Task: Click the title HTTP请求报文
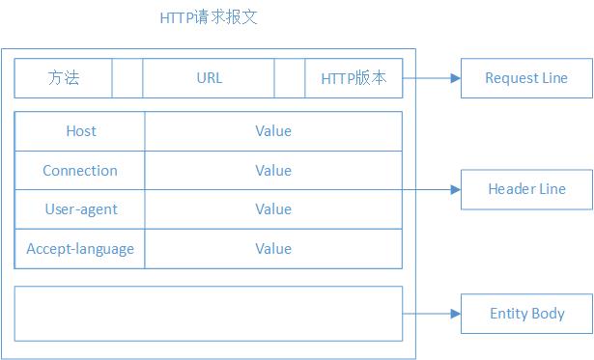pyautogui.click(x=208, y=18)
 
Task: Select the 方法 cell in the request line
pyautogui.click(x=64, y=78)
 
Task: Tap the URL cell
pyautogui.click(x=209, y=78)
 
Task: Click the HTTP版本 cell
pyautogui.click(x=354, y=78)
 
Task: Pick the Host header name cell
pyautogui.click(x=80, y=131)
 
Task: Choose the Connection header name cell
pyautogui.click(x=80, y=171)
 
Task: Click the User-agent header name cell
pyautogui.click(x=80, y=209)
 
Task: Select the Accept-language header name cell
pyautogui.click(x=80, y=249)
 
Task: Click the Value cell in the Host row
pyautogui.click(x=273, y=131)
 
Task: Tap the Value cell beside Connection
pyautogui.click(x=273, y=171)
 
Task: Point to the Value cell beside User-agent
pyautogui.click(x=273, y=209)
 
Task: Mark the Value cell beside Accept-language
pyautogui.click(x=273, y=249)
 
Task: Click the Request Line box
pyautogui.click(x=526, y=78)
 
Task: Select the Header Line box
pyautogui.click(x=526, y=189)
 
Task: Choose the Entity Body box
pyautogui.click(x=526, y=314)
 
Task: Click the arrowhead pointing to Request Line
pyautogui.click(x=455, y=78)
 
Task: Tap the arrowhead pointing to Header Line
pyautogui.click(x=455, y=189)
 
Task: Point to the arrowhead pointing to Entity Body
pyautogui.click(x=455, y=314)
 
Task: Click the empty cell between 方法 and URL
pyautogui.click(x=127, y=78)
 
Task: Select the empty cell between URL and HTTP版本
pyautogui.click(x=290, y=78)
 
